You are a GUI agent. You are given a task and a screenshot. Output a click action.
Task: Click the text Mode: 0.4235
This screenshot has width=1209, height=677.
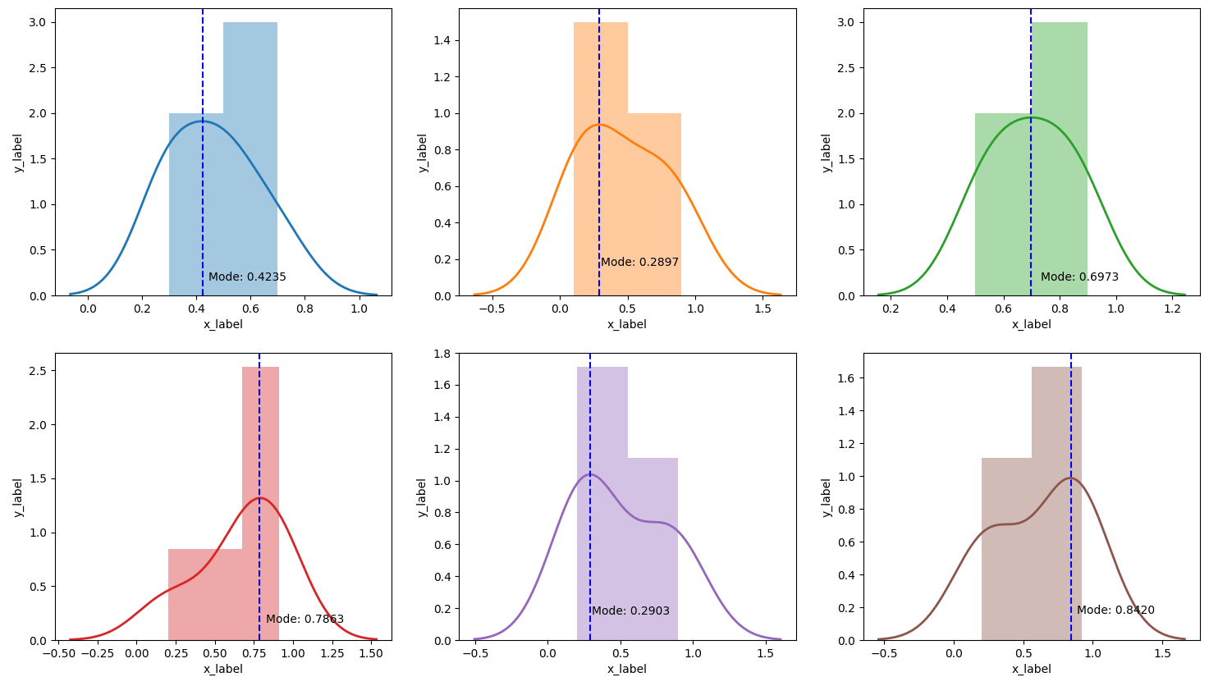(247, 277)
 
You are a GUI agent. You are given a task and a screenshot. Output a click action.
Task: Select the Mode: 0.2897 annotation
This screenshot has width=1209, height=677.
(639, 262)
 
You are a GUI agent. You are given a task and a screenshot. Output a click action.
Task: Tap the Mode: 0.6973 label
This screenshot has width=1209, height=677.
(1079, 277)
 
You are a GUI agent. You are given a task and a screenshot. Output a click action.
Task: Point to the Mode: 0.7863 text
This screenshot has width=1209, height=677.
(305, 619)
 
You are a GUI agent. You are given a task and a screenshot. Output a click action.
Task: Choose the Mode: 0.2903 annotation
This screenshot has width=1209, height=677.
(630, 611)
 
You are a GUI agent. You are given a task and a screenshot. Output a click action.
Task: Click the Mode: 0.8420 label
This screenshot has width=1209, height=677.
(1115, 610)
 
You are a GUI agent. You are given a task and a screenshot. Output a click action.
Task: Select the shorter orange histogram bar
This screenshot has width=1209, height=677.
(654, 205)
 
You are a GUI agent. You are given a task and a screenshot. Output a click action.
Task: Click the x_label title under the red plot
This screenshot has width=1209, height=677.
(223, 669)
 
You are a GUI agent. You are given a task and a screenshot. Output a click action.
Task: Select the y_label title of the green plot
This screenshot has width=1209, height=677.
(827, 153)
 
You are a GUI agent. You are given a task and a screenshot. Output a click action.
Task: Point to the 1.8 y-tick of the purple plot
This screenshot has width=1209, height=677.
(441, 354)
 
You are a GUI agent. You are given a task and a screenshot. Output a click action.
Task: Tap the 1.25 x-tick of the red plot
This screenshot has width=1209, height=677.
(332, 654)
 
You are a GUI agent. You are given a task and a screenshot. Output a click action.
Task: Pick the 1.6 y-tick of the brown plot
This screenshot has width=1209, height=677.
(845, 378)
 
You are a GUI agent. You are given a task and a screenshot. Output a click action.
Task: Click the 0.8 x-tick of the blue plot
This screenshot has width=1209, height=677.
(305, 309)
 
